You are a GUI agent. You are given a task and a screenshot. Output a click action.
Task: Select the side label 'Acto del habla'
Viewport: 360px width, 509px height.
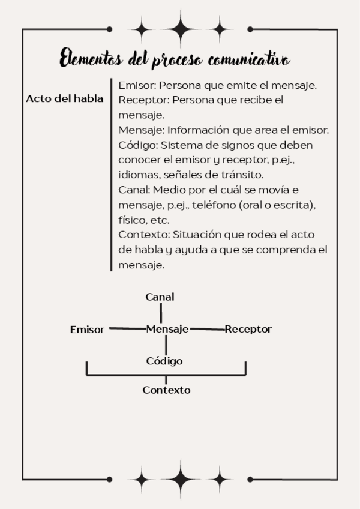65,99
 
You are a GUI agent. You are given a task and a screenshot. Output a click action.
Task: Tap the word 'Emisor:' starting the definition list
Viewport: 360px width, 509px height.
137,85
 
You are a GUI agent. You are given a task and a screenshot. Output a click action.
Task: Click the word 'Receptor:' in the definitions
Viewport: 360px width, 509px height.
142,100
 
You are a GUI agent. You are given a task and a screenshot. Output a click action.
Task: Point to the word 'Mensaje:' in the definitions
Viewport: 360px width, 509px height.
142,130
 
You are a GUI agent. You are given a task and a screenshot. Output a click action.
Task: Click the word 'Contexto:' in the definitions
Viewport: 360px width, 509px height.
143,234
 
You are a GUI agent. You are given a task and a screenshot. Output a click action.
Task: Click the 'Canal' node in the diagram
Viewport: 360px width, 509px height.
160,297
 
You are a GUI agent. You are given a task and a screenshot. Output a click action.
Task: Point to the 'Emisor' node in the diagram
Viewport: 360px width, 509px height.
87,330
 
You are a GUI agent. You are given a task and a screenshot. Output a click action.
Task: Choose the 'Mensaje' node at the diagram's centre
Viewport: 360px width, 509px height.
167,329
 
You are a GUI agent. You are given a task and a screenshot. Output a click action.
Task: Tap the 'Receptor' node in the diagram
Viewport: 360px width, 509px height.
248,329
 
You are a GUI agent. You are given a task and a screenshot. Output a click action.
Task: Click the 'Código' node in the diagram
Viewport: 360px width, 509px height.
164,361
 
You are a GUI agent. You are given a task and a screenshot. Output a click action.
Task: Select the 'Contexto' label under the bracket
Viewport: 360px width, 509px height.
166,390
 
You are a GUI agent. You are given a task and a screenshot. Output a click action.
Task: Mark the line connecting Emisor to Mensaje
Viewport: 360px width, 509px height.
125,328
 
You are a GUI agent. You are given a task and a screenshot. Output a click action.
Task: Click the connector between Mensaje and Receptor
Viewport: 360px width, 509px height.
207,329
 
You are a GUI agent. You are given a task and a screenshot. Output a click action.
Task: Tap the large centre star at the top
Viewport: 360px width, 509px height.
181,28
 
